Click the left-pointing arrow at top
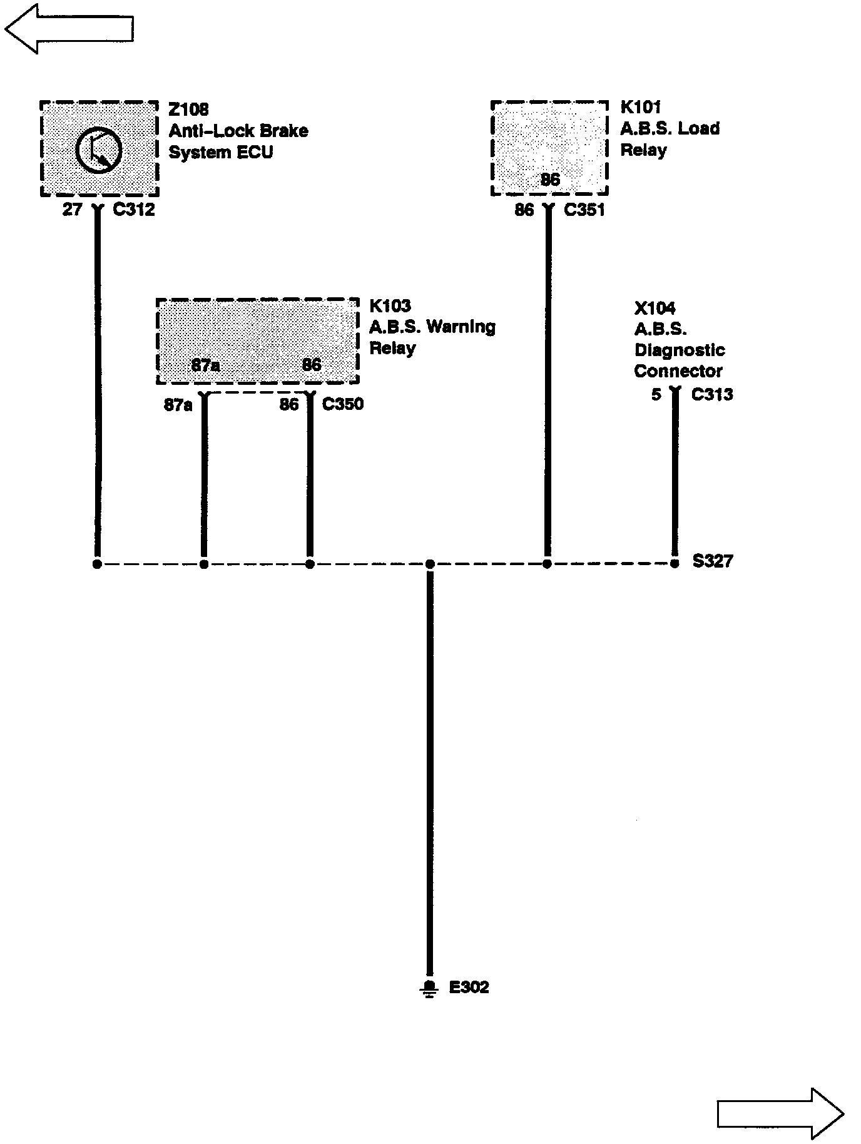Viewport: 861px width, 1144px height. point(69,28)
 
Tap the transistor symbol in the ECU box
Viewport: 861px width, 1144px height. point(98,150)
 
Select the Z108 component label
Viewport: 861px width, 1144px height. point(188,110)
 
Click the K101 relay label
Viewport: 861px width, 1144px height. point(640,107)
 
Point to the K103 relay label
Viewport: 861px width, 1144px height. point(390,305)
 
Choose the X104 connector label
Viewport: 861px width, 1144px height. point(655,308)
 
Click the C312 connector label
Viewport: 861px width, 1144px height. point(133,210)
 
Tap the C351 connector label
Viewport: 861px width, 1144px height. point(584,210)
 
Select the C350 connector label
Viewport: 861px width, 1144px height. point(342,404)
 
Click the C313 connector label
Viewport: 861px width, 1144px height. point(712,394)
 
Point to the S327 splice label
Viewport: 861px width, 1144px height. point(712,561)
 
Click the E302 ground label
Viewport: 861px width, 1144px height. point(469,987)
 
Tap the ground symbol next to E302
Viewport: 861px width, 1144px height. point(429,988)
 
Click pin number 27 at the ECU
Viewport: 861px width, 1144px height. point(72,210)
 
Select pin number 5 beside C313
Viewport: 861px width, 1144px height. point(656,394)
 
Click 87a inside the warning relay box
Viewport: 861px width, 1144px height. point(205,365)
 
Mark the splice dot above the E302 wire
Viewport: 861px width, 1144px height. point(429,564)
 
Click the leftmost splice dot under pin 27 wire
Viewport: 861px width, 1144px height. point(97,564)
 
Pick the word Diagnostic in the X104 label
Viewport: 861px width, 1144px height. point(680,350)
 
